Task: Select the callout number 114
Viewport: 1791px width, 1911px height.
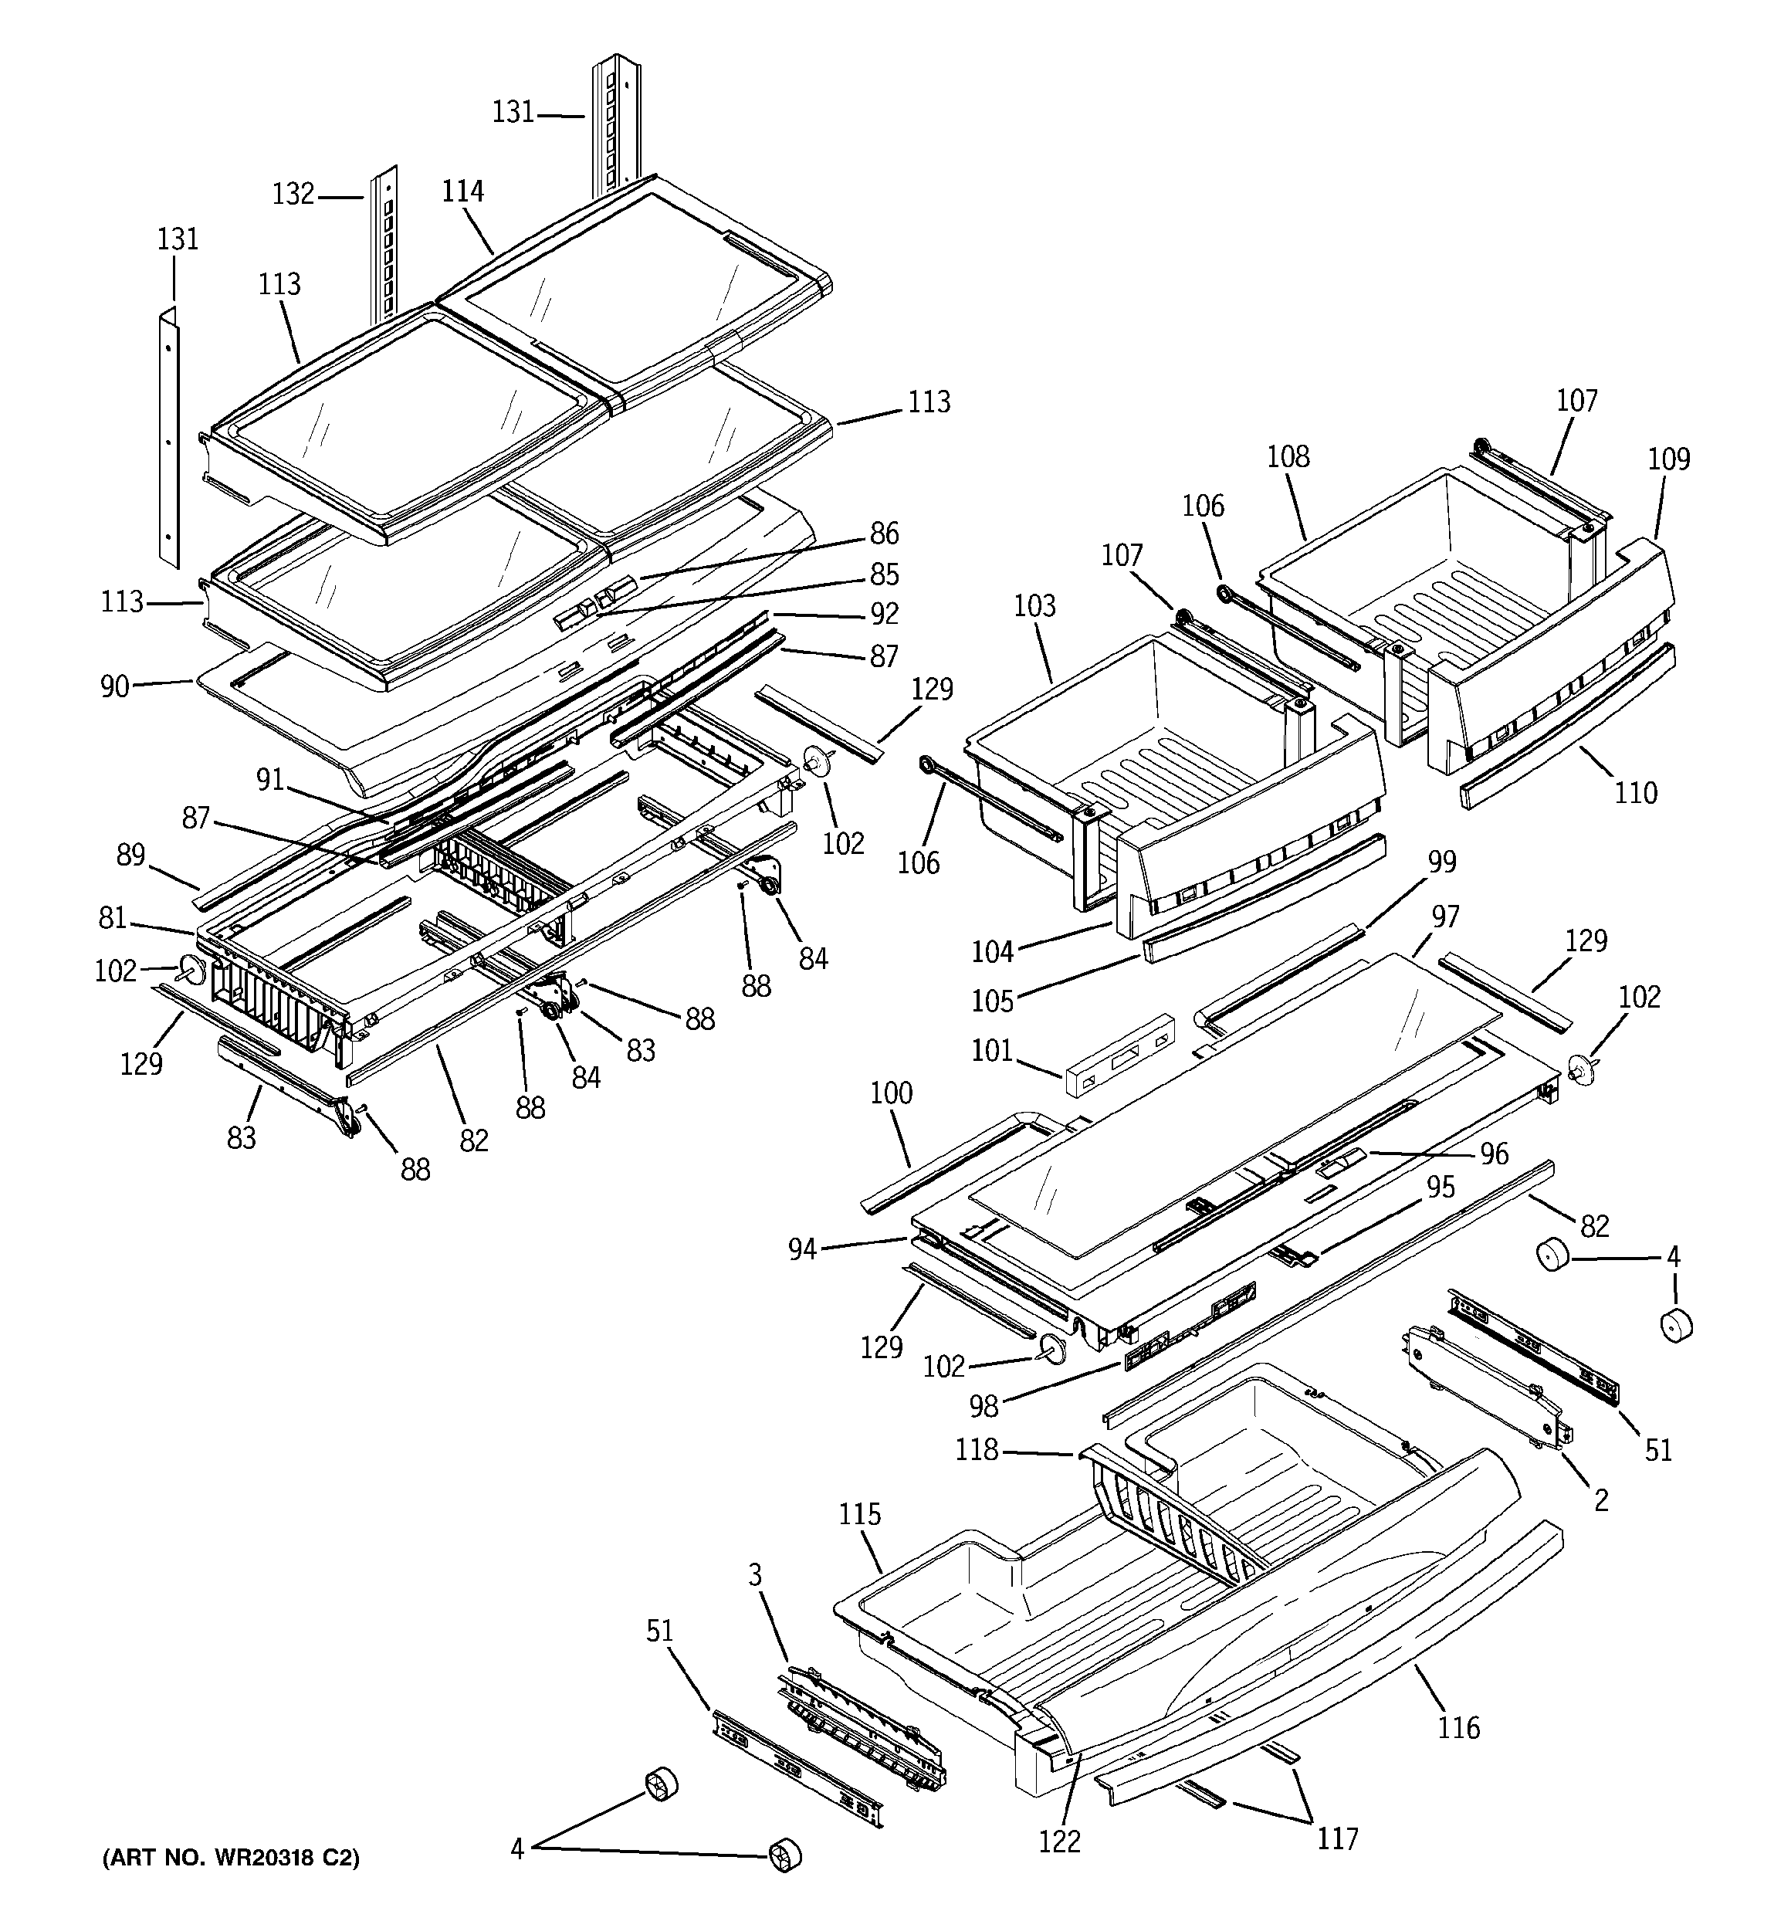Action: [x=462, y=191]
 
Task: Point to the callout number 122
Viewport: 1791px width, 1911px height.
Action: [x=1059, y=1842]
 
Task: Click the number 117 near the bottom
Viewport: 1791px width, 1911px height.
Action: [x=1337, y=1838]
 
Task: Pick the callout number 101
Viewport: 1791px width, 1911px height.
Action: [x=992, y=1050]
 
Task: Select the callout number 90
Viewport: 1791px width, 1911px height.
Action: [x=114, y=686]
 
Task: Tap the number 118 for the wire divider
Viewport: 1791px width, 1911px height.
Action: [x=977, y=1449]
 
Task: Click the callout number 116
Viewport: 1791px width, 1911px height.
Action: [x=1458, y=1727]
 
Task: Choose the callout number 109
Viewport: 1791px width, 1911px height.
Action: [x=1669, y=459]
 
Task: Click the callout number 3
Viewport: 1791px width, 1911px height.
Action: [x=756, y=1574]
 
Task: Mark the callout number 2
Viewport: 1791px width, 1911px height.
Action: [x=1600, y=1499]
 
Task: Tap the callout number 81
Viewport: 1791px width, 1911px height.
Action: [x=113, y=918]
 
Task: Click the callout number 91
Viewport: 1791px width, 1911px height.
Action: [x=270, y=778]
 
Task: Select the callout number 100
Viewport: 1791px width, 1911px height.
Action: [x=891, y=1093]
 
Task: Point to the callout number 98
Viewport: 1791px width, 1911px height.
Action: [x=984, y=1406]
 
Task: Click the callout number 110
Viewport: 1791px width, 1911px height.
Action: [x=1635, y=792]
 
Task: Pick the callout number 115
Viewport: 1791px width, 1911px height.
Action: [x=859, y=1514]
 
